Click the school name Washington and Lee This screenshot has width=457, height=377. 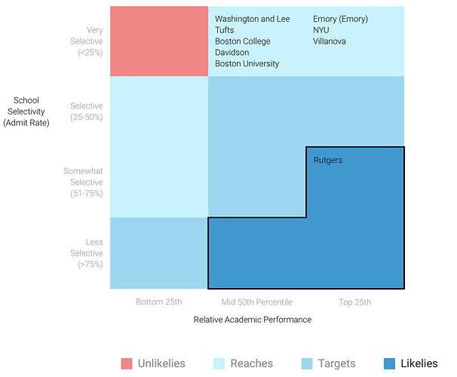pyautogui.click(x=252, y=19)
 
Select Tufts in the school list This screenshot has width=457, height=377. pyautogui.click(x=225, y=30)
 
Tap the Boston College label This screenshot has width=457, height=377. pyautogui.click(x=242, y=41)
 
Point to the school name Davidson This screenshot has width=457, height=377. pyautogui.click(x=232, y=53)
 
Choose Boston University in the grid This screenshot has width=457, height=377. pyautogui.click(x=247, y=64)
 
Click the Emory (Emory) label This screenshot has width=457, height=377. pyautogui.click(x=340, y=19)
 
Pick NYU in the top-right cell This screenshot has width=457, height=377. pyautogui.click(x=321, y=30)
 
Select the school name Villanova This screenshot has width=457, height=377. pyautogui.click(x=330, y=41)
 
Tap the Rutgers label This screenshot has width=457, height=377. pyautogui.click(x=328, y=160)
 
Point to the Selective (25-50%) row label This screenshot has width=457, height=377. pyautogui.click(x=86, y=112)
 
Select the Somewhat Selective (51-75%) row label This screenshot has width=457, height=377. pyautogui.click(x=83, y=182)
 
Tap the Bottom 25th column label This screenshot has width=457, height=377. pyautogui.click(x=159, y=302)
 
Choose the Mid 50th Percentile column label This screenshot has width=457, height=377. pyautogui.click(x=256, y=302)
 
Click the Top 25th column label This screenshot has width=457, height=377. pyautogui.click(x=354, y=302)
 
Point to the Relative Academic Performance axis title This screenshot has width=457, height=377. pyautogui.click(x=253, y=320)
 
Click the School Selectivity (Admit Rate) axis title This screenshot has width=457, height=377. pyautogui.click(x=26, y=112)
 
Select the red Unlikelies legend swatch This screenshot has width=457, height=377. pyautogui.click(x=127, y=364)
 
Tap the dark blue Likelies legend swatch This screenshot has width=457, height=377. pyautogui.click(x=390, y=364)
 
